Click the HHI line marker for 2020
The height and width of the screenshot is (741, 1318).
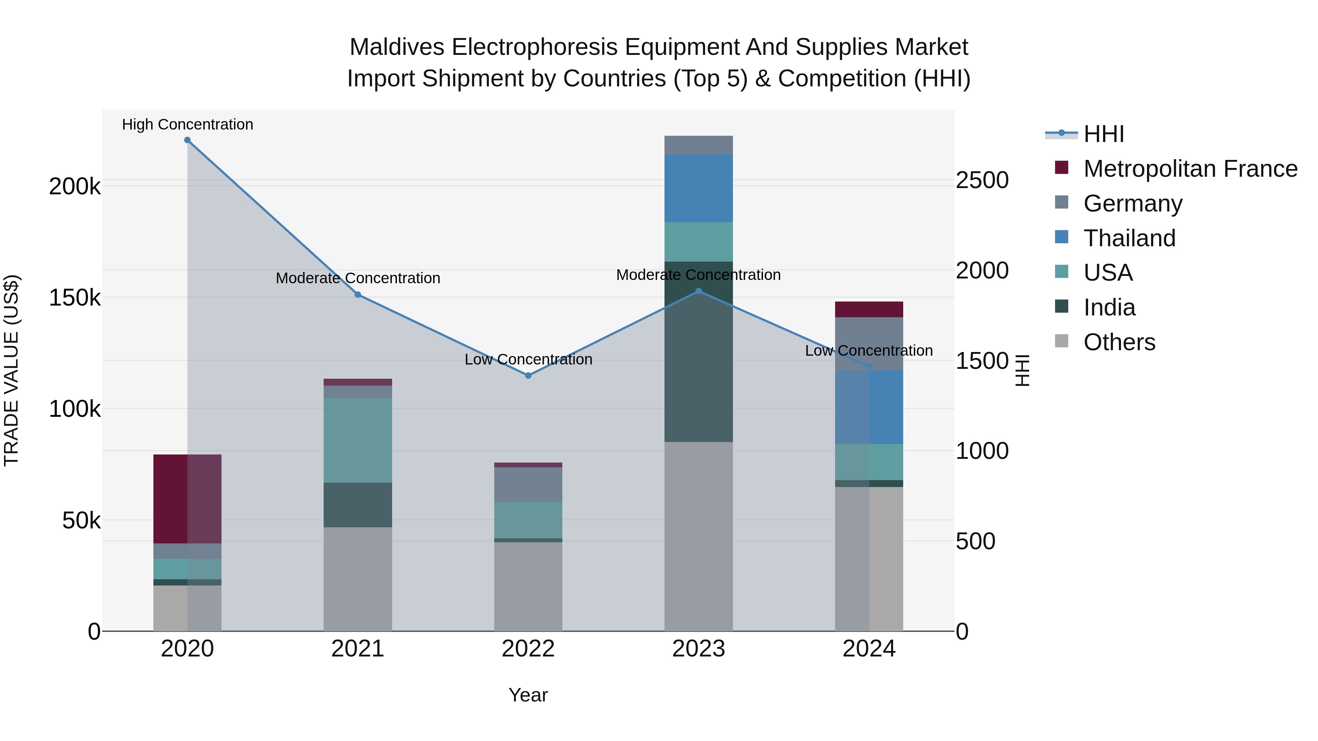[x=187, y=140]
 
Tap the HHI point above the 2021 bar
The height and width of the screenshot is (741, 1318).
[x=358, y=295]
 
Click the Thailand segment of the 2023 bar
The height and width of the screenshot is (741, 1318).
[x=699, y=188]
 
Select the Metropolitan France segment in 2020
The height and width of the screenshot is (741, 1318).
[x=187, y=499]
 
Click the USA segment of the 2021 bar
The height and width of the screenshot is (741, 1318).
[x=358, y=440]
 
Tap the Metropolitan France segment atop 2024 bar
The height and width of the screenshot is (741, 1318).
[x=869, y=309]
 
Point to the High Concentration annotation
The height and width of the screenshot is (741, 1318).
[x=187, y=124]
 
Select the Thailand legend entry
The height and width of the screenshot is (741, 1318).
[x=1129, y=238]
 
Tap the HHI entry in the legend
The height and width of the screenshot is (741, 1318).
[x=1103, y=134]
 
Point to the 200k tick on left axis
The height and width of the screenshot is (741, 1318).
[x=75, y=187]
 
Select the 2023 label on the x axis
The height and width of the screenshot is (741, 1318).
[x=699, y=649]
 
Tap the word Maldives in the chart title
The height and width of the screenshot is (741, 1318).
[x=396, y=47]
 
